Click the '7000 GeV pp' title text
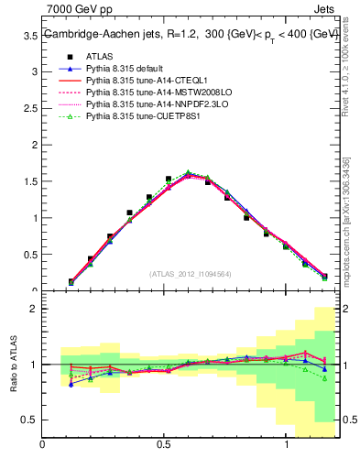tap(75, 8)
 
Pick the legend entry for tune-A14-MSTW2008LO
tap(153, 93)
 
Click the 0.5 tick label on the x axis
tap(164, 444)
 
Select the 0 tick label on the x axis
tap(42, 444)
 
